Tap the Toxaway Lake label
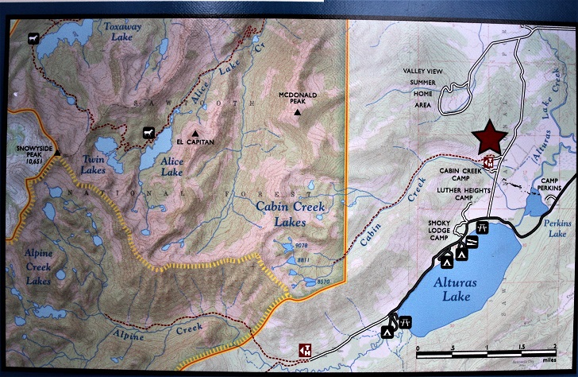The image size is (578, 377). click(122, 30)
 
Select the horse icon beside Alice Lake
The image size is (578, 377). click(148, 132)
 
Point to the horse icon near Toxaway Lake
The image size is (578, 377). click(32, 38)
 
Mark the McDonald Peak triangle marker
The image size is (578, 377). click(297, 113)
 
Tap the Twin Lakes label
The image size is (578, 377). click(94, 165)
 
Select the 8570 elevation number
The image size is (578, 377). click(322, 282)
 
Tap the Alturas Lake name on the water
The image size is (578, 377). click(448, 290)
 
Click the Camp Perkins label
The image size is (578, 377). click(545, 185)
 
